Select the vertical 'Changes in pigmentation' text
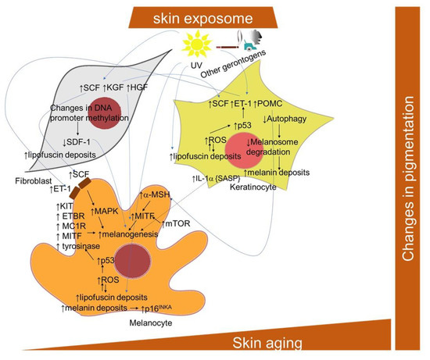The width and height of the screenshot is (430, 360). tap(407, 185)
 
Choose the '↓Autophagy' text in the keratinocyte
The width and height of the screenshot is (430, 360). tap(285, 119)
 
